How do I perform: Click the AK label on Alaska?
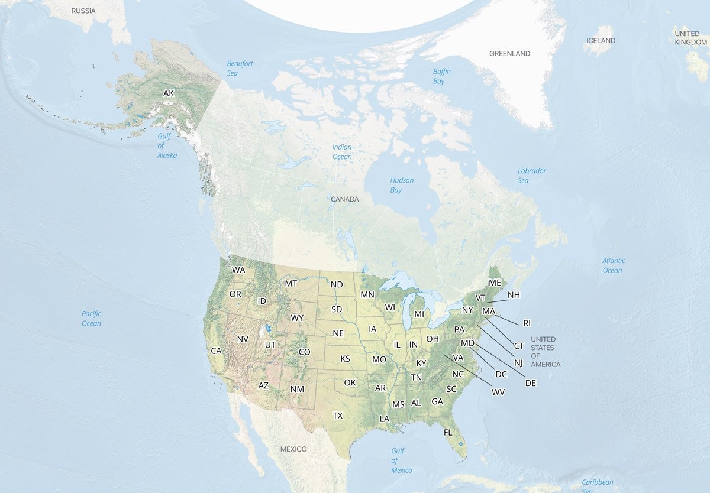(169, 93)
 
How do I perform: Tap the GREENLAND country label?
(509, 54)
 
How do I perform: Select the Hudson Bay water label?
(402, 185)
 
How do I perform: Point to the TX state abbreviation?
(337, 416)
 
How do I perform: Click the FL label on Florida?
(448, 432)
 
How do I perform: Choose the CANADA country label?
(344, 199)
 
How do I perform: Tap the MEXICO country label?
(293, 449)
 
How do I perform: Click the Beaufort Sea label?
(240, 69)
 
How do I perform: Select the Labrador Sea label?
(531, 176)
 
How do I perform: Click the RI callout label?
(527, 323)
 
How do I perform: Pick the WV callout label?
(498, 392)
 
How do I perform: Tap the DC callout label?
(501, 374)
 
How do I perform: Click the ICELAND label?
(601, 41)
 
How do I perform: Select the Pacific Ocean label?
(91, 319)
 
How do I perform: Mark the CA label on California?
(216, 351)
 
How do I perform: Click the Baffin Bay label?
(441, 76)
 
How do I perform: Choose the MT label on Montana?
(291, 283)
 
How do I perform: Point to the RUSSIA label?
(83, 11)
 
